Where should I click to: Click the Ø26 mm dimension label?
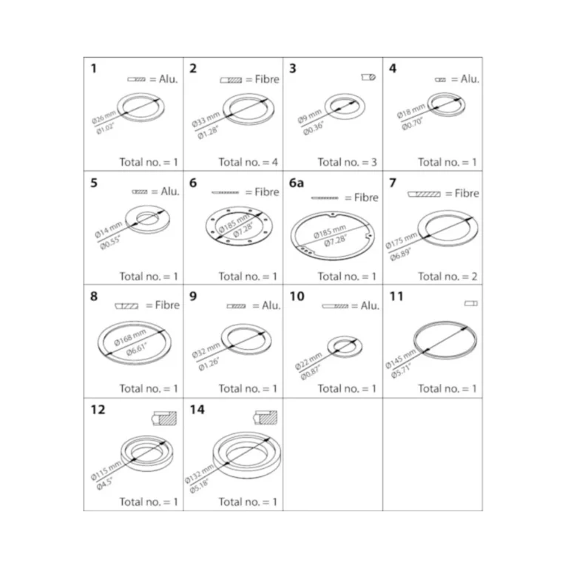104,117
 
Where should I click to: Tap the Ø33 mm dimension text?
206,119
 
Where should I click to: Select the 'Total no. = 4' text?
248,162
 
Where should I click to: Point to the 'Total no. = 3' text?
348,162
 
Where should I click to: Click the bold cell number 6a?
297,183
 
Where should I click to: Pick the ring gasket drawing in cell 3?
345,106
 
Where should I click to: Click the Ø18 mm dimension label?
410,111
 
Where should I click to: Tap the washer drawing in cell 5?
148,219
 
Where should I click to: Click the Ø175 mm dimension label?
401,240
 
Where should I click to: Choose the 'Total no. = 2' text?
447,277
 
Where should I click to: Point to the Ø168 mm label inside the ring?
129,337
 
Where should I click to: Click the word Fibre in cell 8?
167,305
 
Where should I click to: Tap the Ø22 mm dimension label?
308,361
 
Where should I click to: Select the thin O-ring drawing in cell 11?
445,340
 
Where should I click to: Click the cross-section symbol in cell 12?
164,418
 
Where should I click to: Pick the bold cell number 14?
197,410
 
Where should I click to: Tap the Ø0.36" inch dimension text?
314,129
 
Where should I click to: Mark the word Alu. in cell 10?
370,305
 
